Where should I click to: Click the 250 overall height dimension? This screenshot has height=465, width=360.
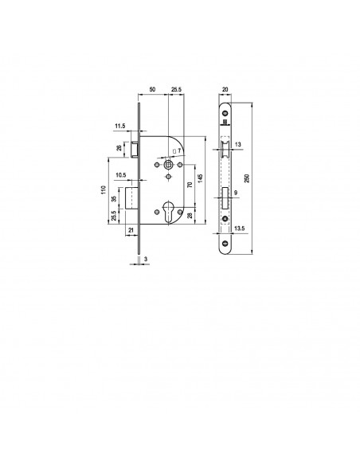[248, 178]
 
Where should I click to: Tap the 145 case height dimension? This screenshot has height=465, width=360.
[200, 178]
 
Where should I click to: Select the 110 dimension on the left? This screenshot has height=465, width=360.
[104, 190]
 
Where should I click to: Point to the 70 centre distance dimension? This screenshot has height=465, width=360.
[190, 185]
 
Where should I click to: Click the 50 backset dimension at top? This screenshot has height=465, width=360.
[152, 89]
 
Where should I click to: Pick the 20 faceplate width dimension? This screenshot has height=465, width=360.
[225, 89]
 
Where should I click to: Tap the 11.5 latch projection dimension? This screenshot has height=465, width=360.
[120, 126]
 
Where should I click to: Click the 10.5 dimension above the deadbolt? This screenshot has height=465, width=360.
[121, 175]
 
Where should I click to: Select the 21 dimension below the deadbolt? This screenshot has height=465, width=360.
[131, 230]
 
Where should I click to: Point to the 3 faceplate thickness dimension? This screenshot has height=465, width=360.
[146, 259]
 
